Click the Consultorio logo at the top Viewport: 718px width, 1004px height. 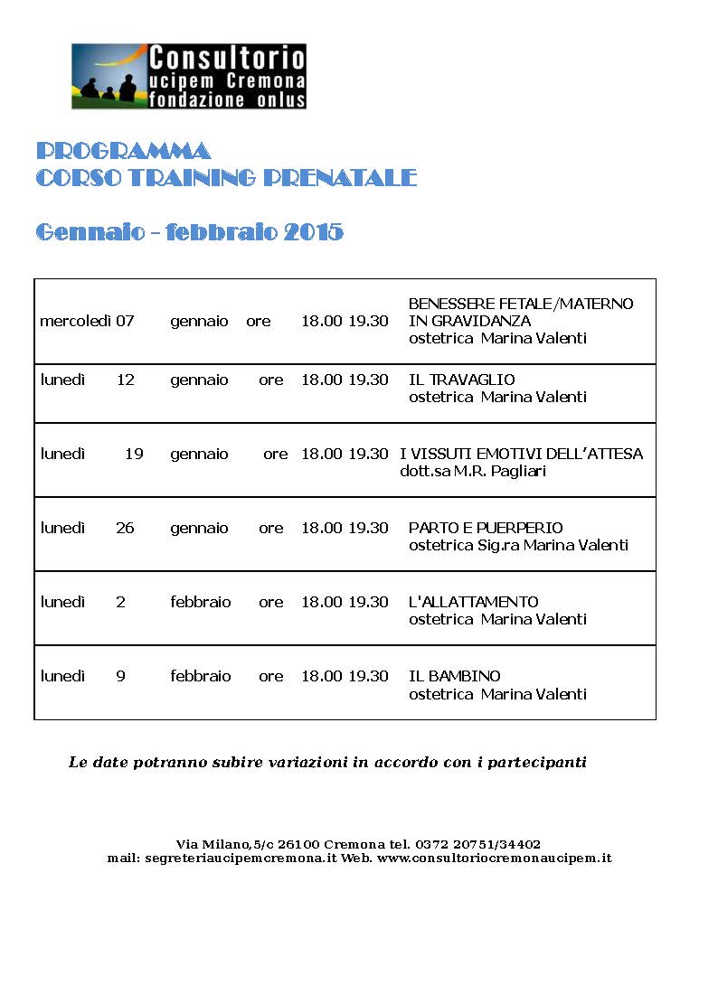[x=189, y=76]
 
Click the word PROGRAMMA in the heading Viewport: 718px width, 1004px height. [x=123, y=150]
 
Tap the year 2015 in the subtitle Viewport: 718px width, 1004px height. [x=314, y=232]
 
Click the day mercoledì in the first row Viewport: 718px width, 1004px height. [x=75, y=321]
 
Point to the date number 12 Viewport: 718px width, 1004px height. [x=125, y=380]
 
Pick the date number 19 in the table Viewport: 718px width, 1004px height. [x=134, y=454]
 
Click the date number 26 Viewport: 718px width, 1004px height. [x=125, y=528]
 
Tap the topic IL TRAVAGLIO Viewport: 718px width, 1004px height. [x=461, y=380]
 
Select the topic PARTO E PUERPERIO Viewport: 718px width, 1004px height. [x=486, y=528]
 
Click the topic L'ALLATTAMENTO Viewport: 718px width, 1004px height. [x=473, y=602]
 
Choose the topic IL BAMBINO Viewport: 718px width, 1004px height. [x=454, y=676]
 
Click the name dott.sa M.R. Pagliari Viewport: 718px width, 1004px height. [x=473, y=471]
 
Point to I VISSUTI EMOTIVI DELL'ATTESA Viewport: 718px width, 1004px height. [x=521, y=454]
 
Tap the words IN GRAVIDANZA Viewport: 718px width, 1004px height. [x=469, y=321]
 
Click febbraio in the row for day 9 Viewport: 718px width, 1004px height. [x=200, y=676]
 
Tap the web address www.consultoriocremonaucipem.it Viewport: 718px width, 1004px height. [x=495, y=858]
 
